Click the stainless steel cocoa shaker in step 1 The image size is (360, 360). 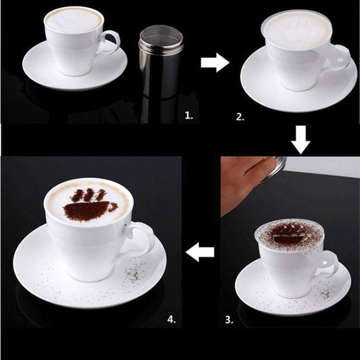point(157,65)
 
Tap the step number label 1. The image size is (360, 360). point(188,115)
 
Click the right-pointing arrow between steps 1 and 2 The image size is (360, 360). point(214,63)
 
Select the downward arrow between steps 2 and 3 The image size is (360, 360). point(301,140)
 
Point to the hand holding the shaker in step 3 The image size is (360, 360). point(245,180)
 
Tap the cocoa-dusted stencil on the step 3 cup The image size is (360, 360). point(287,234)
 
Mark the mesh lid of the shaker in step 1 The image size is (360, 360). point(157,34)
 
